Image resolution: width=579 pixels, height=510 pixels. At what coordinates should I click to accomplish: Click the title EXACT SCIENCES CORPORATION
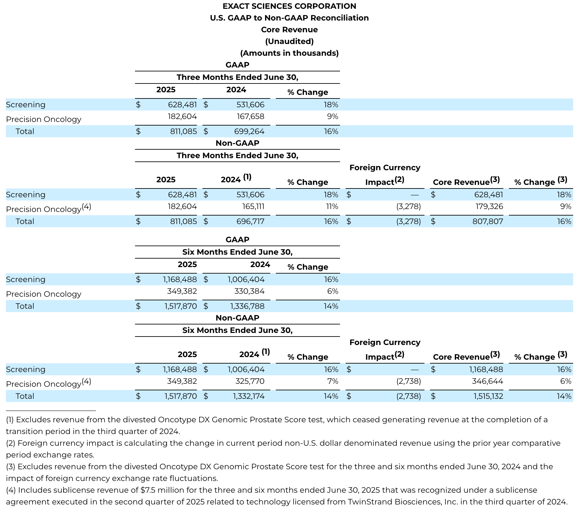pyautogui.click(x=289, y=6)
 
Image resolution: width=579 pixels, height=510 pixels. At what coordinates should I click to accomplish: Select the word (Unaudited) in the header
pyautogui.click(x=289, y=41)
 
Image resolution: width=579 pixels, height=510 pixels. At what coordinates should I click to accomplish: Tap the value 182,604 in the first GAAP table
pyautogui.click(x=182, y=117)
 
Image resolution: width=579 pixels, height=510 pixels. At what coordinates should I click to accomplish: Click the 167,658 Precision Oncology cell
pyautogui.click(x=250, y=117)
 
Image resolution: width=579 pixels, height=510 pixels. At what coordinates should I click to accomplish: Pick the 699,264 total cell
pyautogui.click(x=249, y=131)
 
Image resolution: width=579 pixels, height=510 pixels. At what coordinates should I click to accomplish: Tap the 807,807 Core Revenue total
pyautogui.click(x=488, y=221)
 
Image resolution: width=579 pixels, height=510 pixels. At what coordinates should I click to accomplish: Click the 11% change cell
pyautogui.click(x=332, y=207)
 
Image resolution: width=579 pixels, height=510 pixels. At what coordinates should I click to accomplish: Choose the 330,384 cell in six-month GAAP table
pyautogui.click(x=249, y=292)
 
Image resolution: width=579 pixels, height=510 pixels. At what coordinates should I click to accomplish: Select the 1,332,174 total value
pyautogui.click(x=248, y=396)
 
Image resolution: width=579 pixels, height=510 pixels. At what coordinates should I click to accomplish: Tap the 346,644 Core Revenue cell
pyautogui.click(x=487, y=382)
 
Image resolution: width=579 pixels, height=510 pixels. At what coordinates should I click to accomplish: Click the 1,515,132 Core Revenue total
pyautogui.click(x=486, y=396)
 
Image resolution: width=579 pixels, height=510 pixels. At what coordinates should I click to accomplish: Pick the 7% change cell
pyautogui.click(x=334, y=382)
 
